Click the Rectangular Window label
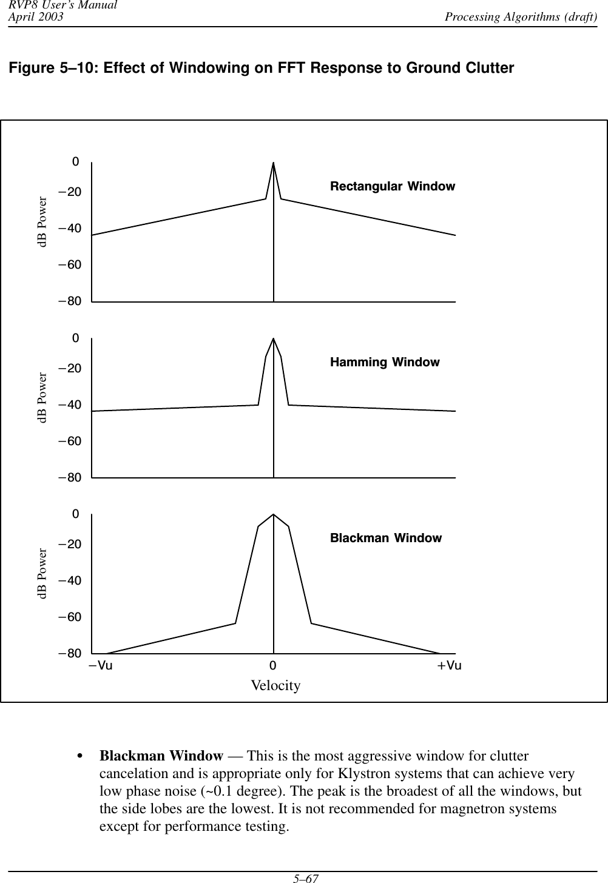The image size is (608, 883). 392,186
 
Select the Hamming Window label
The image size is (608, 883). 385,362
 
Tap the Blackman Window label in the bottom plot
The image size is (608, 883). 386,538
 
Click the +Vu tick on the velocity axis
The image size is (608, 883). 449,665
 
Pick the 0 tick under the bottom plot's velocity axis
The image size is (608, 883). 273,665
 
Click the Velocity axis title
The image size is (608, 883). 275,685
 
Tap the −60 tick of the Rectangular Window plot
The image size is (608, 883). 70,265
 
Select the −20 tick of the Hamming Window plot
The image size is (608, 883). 70,368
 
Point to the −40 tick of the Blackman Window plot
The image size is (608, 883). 70,580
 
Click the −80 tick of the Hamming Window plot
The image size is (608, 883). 70,477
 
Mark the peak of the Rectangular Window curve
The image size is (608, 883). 274,163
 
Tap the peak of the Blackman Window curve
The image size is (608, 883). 274,515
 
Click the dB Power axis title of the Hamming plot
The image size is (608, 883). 42,398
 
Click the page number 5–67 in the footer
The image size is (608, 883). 304,877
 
